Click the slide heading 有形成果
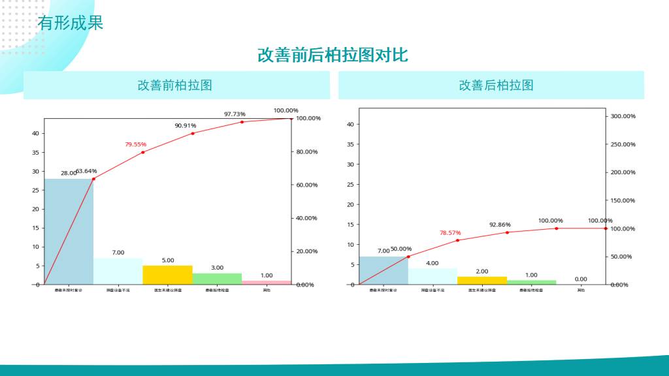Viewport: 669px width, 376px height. [x=71, y=23]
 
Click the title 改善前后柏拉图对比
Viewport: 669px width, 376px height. [x=333, y=55]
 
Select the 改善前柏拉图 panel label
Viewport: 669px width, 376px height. [x=174, y=85]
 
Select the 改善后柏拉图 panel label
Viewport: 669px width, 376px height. [x=496, y=85]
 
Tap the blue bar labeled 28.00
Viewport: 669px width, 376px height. [x=69, y=232]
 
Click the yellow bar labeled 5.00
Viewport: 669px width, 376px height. [x=167, y=275]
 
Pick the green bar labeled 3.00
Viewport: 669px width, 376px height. [x=217, y=279]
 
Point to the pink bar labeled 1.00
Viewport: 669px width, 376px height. [x=267, y=282]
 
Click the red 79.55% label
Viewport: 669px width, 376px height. [x=136, y=144]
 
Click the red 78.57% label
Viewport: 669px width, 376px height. [x=450, y=232]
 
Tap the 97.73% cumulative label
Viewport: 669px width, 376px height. [x=235, y=114]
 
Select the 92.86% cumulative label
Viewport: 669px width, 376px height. [x=500, y=225]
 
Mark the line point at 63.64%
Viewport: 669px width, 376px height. [x=93, y=179]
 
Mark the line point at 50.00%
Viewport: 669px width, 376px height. [x=408, y=257]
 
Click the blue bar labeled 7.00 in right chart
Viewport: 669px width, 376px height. [x=383, y=270]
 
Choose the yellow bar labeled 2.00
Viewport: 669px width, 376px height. [x=482, y=281]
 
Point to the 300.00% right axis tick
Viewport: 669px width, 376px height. [x=623, y=116]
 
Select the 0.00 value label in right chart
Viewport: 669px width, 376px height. [x=581, y=279]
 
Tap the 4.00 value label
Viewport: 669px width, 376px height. [x=432, y=263]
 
